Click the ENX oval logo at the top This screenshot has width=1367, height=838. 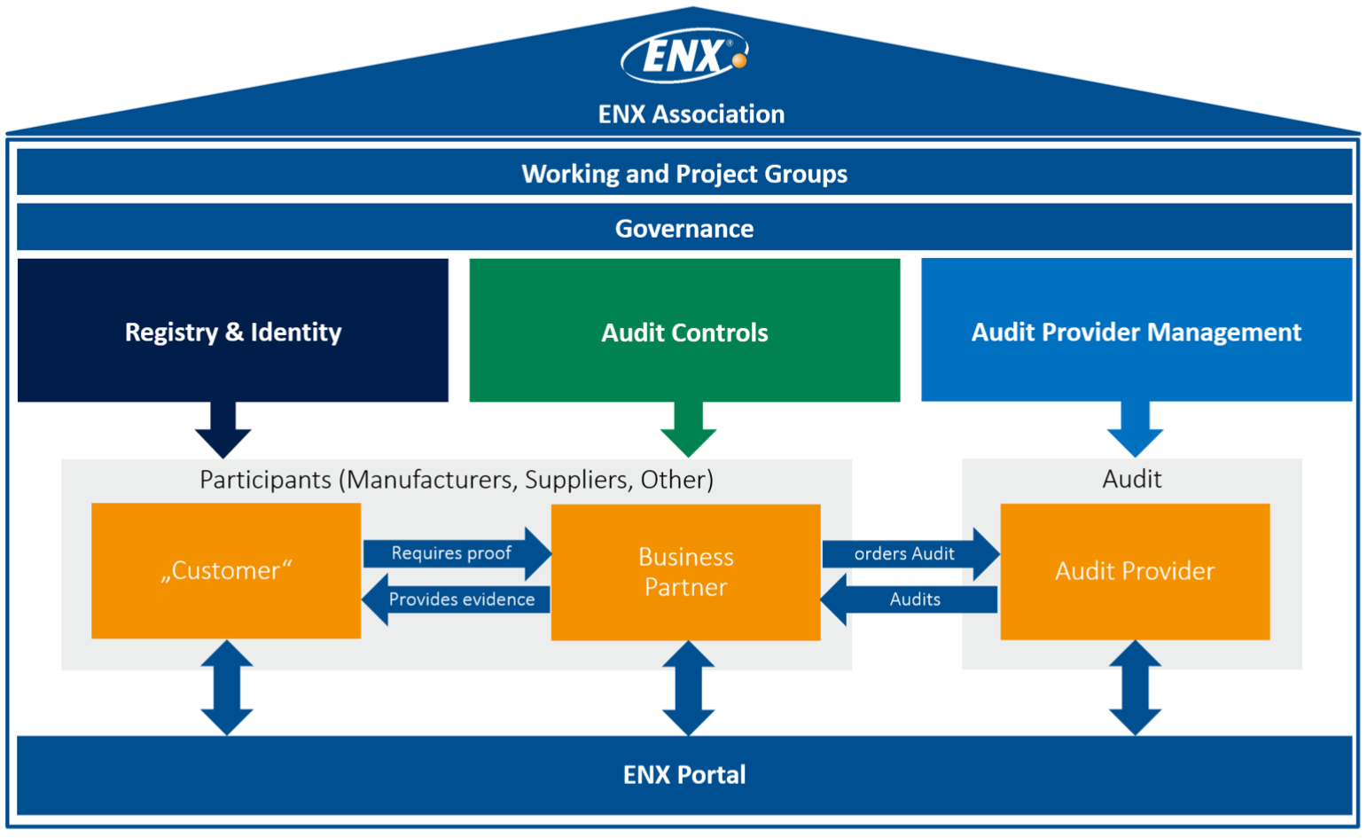point(683,56)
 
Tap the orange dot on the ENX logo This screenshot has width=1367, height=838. point(738,60)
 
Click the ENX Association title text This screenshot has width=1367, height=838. point(691,114)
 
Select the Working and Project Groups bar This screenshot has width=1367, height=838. point(683,173)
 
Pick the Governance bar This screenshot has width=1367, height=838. point(683,228)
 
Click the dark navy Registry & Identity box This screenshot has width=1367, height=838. point(232,331)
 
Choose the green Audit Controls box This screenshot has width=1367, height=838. point(684,331)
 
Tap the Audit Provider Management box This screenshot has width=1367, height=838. point(1136,331)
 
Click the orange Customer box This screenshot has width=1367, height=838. point(226,570)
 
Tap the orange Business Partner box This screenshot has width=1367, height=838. point(685,572)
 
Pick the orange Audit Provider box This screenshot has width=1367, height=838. point(1135,571)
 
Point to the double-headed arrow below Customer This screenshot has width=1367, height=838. point(227,688)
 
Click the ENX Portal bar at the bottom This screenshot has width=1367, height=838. point(683,774)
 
